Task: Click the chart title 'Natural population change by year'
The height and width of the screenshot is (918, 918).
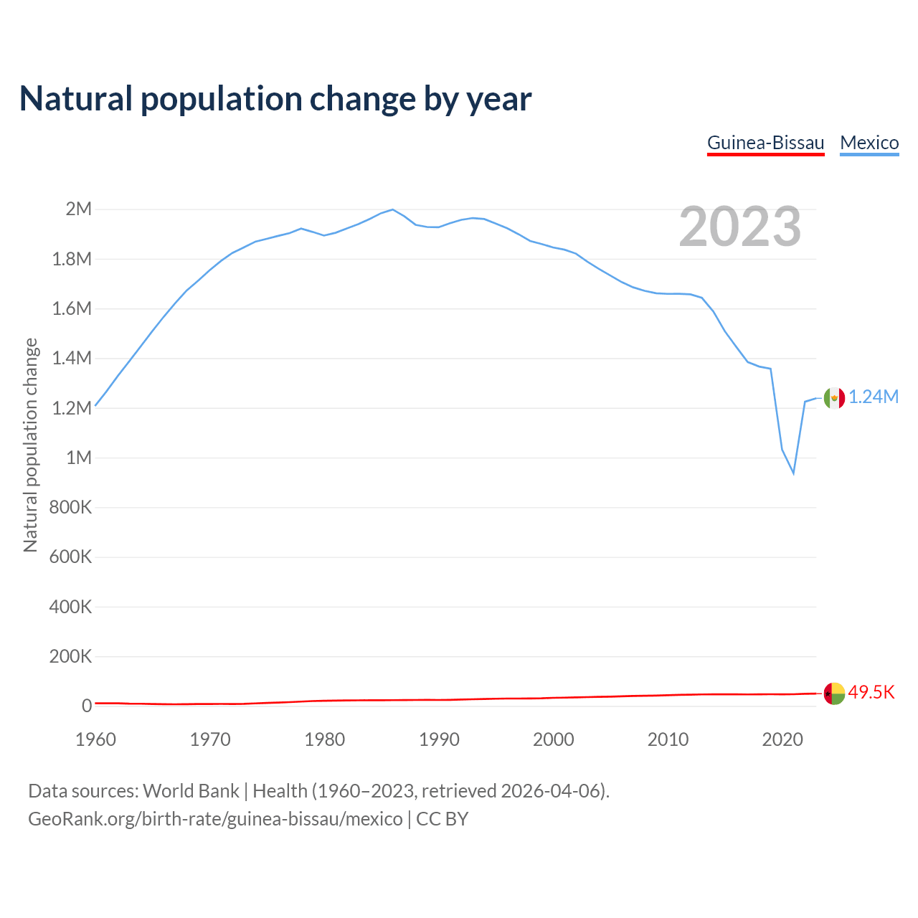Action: tap(275, 99)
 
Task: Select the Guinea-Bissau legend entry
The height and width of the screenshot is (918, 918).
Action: tap(765, 143)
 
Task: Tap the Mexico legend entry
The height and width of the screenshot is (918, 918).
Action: tap(869, 143)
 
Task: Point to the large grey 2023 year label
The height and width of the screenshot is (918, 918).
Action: tap(739, 227)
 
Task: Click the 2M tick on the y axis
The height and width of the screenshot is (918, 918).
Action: tap(79, 209)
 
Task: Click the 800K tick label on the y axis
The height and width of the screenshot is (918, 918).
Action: tap(71, 508)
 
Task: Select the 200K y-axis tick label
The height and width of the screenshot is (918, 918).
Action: tap(71, 657)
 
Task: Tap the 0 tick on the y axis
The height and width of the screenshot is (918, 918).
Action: tap(87, 706)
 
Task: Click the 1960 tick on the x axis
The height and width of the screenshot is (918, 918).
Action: tap(95, 739)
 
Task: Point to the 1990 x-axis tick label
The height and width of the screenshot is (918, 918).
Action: tap(439, 739)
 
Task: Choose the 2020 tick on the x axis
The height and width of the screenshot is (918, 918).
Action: tap(782, 739)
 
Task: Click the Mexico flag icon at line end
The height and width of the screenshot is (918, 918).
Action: tap(834, 398)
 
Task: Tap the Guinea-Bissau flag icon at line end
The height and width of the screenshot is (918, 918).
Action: tap(834, 694)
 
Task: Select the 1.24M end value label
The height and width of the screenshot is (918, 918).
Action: tap(874, 397)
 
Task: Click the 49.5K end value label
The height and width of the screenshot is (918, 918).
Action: tap(871, 693)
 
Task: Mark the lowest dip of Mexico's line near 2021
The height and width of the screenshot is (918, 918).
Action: tap(793, 473)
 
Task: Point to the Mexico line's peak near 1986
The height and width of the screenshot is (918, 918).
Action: tap(392, 209)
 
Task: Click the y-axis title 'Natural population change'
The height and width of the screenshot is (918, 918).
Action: tap(31, 445)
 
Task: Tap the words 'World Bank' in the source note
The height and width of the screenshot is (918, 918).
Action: tap(191, 791)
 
